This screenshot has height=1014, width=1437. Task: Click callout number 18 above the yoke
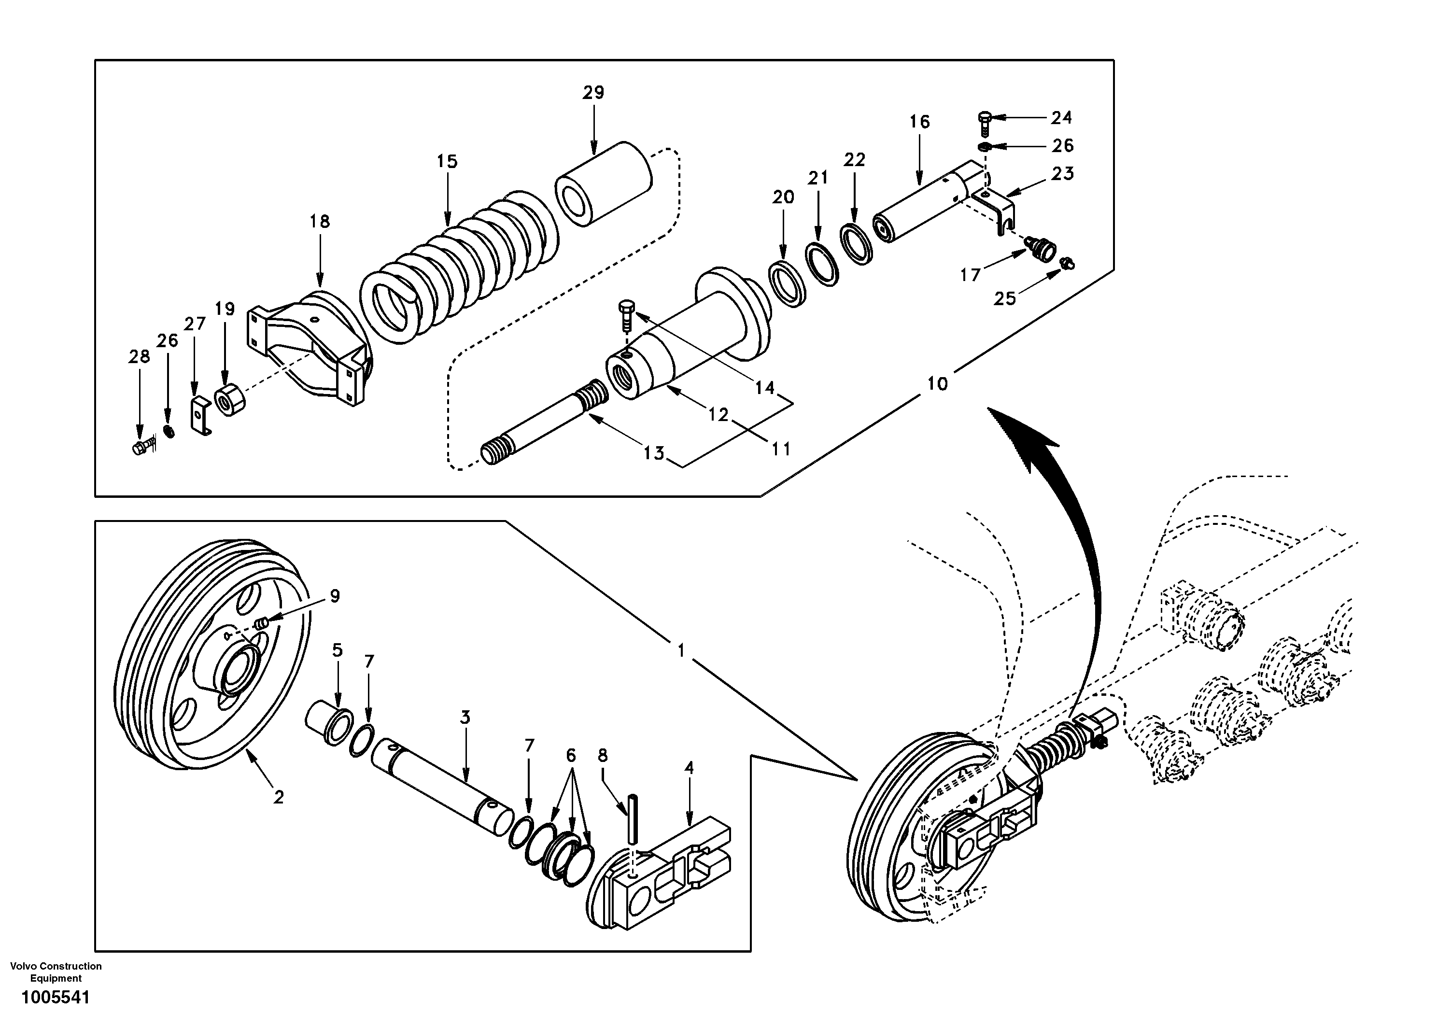[x=319, y=222]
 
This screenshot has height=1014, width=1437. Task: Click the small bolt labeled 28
[x=142, y=448]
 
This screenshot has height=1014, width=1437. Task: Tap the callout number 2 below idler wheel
[x=279, y=797]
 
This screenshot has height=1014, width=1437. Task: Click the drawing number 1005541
[x=56, y=997]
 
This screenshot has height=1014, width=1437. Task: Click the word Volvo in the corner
[x=23, y=966]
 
